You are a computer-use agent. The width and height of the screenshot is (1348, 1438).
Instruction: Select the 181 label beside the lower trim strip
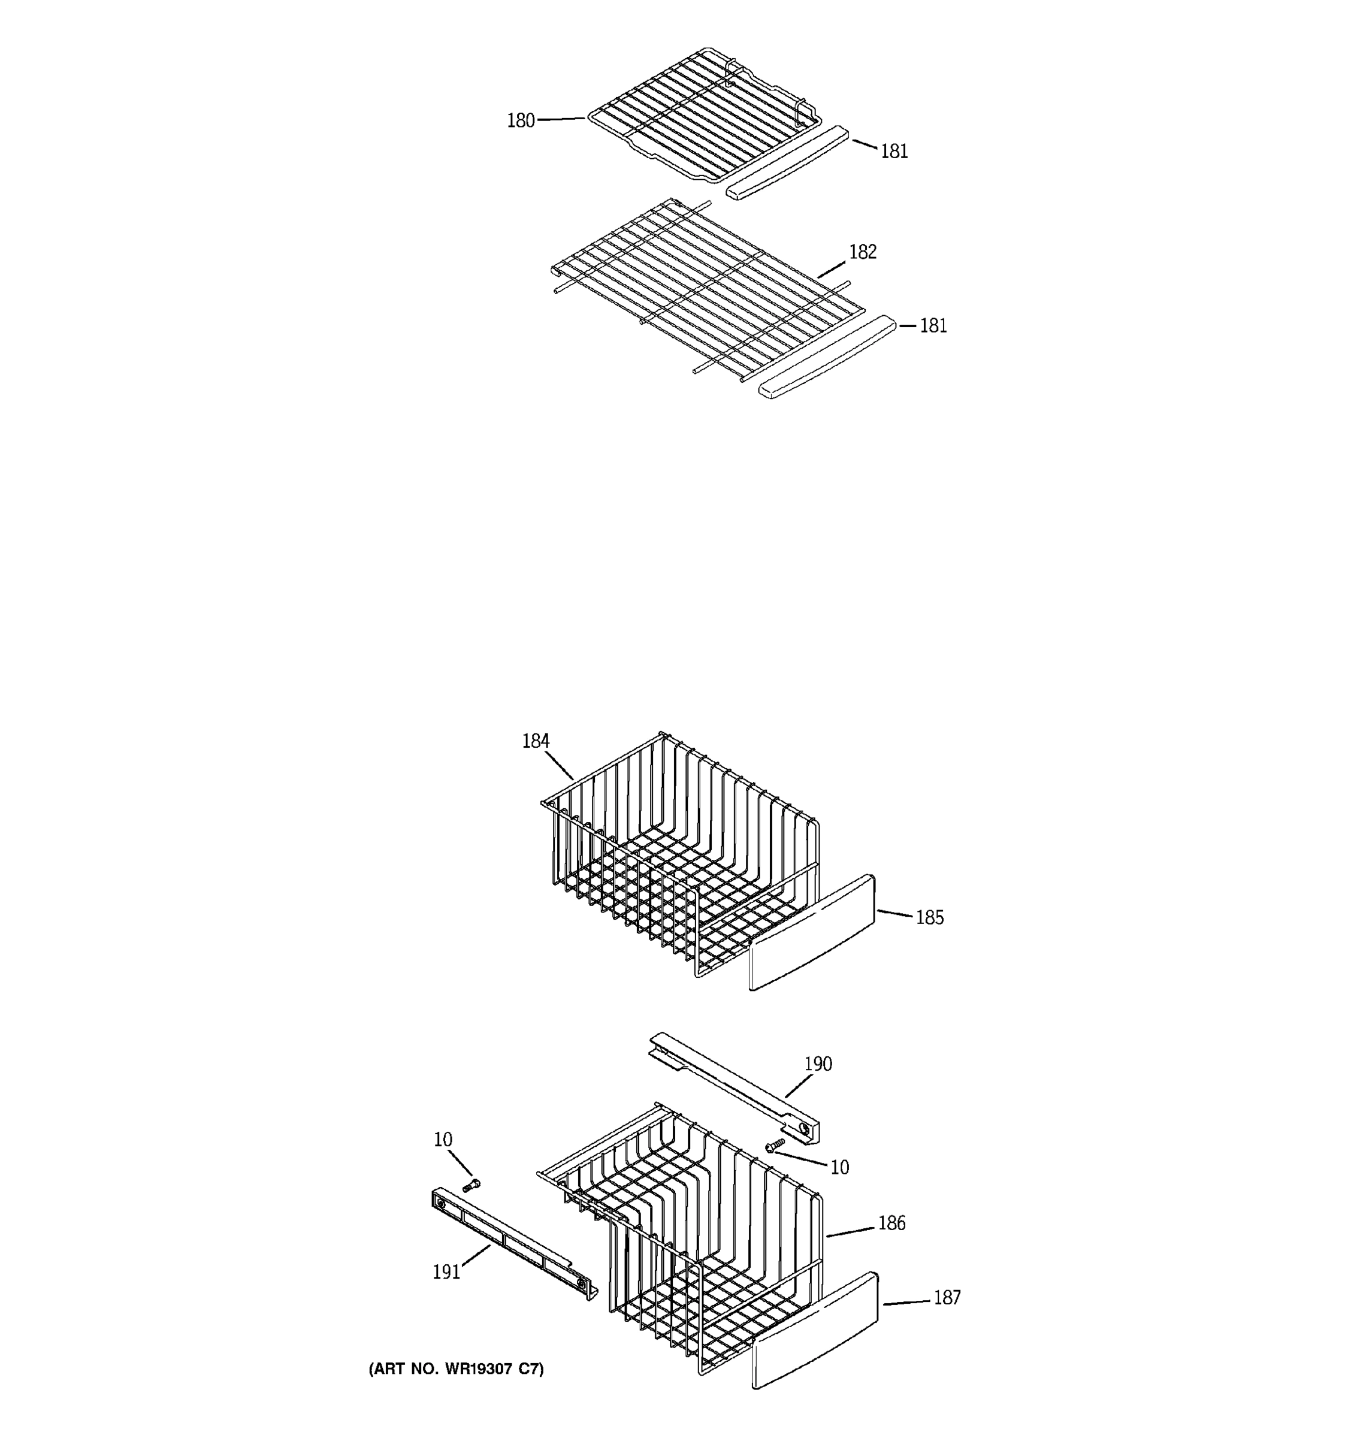click(x=933, y=325)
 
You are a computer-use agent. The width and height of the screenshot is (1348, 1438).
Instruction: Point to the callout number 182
click(x=862, y=252)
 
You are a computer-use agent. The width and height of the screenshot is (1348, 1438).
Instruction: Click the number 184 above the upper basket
click(x=535, y=741)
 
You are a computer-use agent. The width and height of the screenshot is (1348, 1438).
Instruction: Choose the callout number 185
click(x=929, y=917)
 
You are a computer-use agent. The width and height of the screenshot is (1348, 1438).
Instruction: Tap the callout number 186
click(x=891, y=1222)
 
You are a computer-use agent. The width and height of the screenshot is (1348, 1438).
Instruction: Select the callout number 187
click(x=947, y=1297)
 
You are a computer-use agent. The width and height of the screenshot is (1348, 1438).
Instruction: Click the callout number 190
click(x=818, y=1064)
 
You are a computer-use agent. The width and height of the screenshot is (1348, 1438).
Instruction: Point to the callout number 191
click(x=446, y=1271)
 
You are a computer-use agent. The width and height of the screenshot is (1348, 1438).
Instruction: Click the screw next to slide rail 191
click(x=471, y=1185)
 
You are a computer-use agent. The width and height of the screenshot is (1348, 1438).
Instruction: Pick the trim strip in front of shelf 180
click(x=787, y=164)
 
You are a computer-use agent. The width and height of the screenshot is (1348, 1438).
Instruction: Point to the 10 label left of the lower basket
click(x=443, y=1139)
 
